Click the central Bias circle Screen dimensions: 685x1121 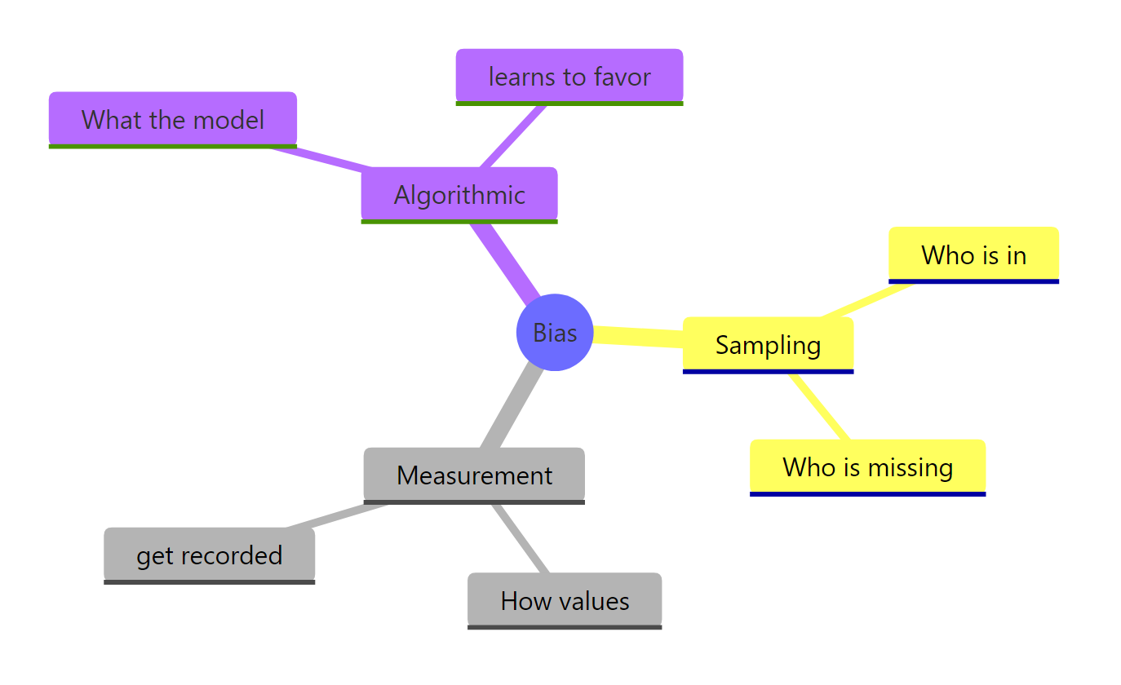[555, 333]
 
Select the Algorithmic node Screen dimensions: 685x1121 [459, 195]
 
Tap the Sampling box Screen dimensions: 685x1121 [768, 345]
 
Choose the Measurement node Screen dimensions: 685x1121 [474, 475]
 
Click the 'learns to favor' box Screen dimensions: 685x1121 [569, 77]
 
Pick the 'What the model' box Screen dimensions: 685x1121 [173, 120]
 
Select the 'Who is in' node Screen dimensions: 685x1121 [973, 255]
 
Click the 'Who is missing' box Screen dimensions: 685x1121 [867, 467]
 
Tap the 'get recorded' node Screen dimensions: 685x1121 [209, 555]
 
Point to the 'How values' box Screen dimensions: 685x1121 [565, 601]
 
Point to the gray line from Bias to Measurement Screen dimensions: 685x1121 [512, 408]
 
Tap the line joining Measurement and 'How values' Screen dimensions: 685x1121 [521, 538]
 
